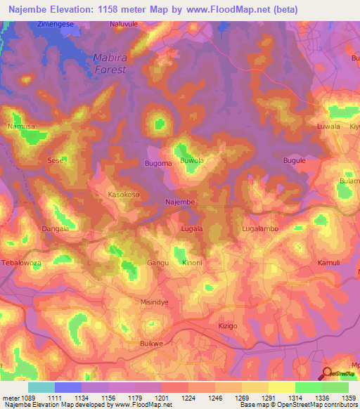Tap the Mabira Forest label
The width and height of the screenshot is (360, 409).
(110, 64)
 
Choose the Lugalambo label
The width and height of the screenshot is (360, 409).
(261, 229)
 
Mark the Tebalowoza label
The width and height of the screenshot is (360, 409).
(23, 261)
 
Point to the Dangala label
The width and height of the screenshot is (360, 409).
(55, 229)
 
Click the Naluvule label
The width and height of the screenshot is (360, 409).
(124, 24)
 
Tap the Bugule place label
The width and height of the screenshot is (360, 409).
(294, 161)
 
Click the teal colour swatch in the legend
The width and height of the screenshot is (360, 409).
(41, 387)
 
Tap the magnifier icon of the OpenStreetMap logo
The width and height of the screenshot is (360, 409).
(327, 374)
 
